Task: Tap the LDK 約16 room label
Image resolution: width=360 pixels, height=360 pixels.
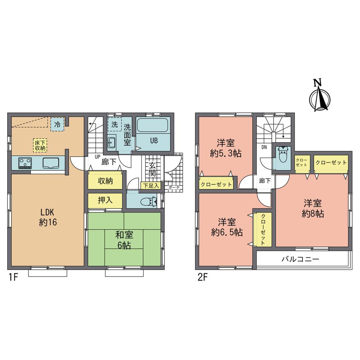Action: click(x=47, y=217)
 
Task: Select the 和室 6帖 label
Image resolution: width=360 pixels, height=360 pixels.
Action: click(x=124, y=240)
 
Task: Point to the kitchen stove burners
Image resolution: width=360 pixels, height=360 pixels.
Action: click(x=25, y=163)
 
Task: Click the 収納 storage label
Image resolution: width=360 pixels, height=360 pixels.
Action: click(x=105, y=181)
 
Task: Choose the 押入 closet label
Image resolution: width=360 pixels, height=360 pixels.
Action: click(x=105, y=200)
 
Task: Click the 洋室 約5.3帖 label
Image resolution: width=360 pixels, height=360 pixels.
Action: click(x=226, y=147)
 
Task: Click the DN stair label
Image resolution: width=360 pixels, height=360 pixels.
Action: click(x=264, y=147)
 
